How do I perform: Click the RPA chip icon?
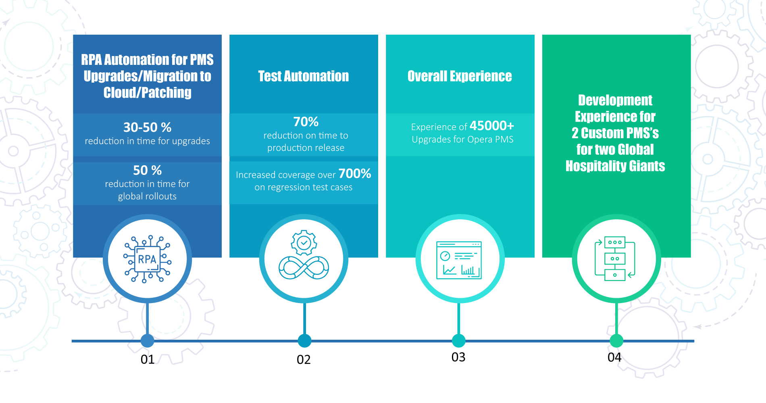coord(147,259)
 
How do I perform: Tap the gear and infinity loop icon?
coord(304,255)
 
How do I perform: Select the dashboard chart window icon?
coord(459,260)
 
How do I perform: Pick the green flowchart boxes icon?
coord(615,258)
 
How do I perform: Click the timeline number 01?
coord(148,359)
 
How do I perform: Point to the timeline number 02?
coord(304,359)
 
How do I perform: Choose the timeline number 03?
coord(458,357)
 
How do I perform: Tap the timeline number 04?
coord(614,357)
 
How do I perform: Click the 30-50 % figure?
coord(147,127)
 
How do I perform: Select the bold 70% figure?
coord(306,122)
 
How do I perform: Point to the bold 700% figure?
coord(355,174)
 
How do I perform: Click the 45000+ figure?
coord(492,126)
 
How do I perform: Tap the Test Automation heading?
coord(304,76)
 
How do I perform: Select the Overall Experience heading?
coord(460,76)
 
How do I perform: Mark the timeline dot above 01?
coord(148,341)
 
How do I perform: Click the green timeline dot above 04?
coord(616,341)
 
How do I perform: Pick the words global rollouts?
coord(147,196)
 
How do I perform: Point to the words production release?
coord(306,148)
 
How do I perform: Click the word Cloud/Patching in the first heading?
coord(148,93)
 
